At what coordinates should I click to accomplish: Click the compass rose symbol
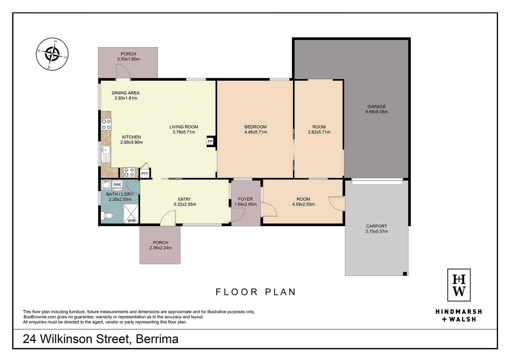[x=52, y=54]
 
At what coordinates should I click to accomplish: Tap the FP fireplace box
[x=210, y=142]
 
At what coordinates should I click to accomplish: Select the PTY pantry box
[x=145, y=174]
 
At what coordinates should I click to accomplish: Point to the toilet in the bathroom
[x=107, y=215]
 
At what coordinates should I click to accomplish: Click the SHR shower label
[x=132, y=221]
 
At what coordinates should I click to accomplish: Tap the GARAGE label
[x=377, y=107]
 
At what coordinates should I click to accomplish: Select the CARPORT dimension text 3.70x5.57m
[x=377, y=231]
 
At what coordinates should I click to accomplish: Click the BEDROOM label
[x=255, y=127]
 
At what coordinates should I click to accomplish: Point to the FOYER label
[x=246, y=199]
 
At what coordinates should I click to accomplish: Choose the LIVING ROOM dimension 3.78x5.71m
[x=183, y=132]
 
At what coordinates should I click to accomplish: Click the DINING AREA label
[x=125, y=93]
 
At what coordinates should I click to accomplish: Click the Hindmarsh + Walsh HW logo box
[x=459, y=285]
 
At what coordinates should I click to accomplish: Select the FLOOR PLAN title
[x=255, y=292]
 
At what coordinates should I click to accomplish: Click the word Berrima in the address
[x=157, y=339]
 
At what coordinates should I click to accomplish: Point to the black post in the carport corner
[x=405, y=274]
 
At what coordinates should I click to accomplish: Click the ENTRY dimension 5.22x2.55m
[x=185, y=204]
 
